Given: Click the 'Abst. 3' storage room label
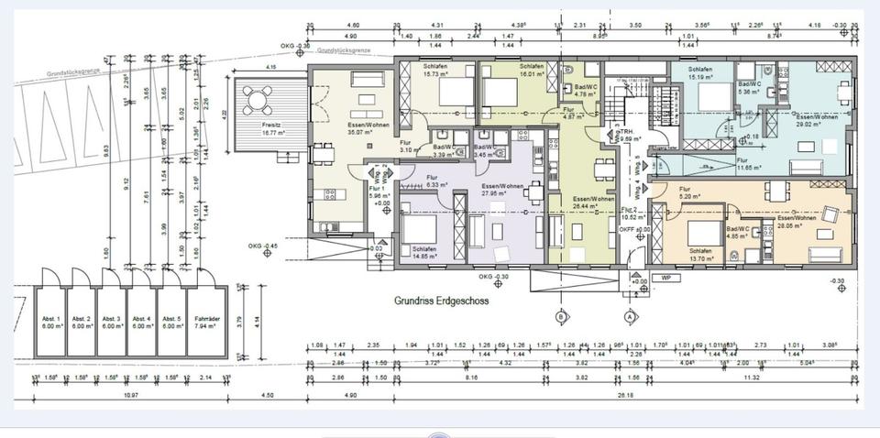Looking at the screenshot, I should coord(112,322).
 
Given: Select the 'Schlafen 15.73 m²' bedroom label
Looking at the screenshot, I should coord(436,71).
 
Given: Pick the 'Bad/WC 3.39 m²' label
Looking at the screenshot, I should coord(444,150).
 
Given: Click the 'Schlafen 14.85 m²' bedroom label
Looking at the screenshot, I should coord(425,253).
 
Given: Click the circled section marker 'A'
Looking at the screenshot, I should coord(630,316).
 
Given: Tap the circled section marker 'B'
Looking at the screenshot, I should coord(559,316).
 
